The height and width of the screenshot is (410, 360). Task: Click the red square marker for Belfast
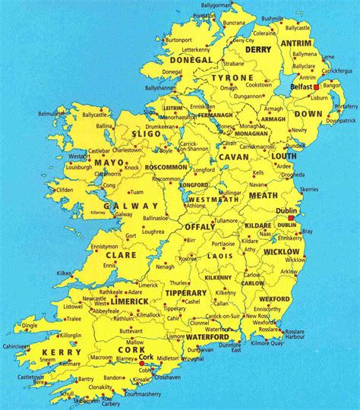tap(317, 87)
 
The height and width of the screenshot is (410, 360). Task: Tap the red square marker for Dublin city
tap(291, 217)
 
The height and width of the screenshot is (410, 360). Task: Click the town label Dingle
tap(30, 326)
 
